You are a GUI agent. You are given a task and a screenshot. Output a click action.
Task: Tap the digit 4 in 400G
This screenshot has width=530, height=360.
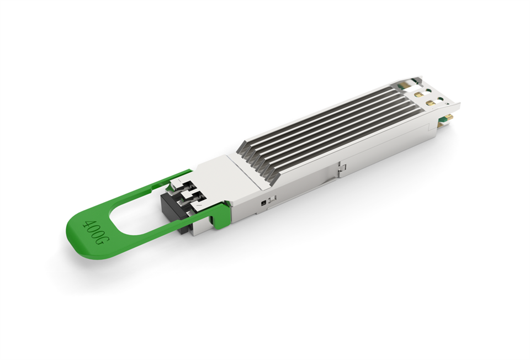(x=86, y=224)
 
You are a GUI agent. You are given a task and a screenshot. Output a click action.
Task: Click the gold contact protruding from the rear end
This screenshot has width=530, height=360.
(x=448, y=118)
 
